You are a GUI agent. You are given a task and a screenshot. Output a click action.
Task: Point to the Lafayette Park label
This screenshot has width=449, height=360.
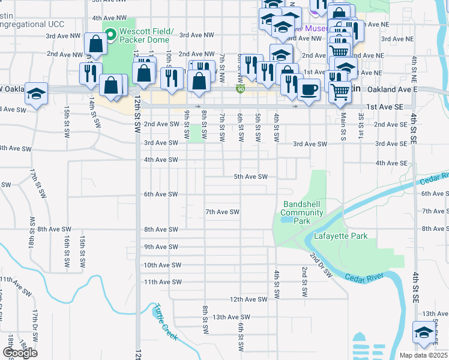pos(341,236)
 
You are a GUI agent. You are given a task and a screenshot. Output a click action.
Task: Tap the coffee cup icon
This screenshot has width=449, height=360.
pos(309,90)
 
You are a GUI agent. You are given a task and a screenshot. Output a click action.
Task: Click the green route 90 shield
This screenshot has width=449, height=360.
pos(240,89)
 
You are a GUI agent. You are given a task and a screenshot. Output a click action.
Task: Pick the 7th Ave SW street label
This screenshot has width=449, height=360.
pos(223,212)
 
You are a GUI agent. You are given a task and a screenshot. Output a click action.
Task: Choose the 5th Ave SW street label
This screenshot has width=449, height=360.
pos(250,176)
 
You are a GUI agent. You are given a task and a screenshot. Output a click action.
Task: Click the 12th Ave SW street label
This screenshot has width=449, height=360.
pos(249,299)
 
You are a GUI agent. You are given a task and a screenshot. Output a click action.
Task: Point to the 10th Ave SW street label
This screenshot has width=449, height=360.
pos(162,265)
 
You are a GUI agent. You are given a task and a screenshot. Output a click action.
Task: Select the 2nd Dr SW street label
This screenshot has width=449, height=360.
pos(321,265)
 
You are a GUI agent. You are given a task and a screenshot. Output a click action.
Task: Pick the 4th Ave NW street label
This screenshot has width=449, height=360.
pos(110,18)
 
